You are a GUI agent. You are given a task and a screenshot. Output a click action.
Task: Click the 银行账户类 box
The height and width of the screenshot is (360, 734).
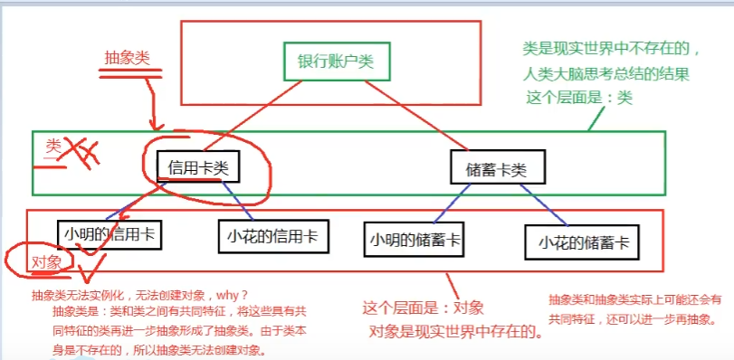(335, 62)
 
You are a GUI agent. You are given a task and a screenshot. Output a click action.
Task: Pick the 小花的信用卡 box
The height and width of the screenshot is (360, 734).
(272, 236)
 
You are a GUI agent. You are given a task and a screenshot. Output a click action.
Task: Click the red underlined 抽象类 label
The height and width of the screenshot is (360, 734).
(128, 56)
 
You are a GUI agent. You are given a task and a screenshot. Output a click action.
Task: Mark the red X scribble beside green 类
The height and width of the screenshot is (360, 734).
(79, 152)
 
